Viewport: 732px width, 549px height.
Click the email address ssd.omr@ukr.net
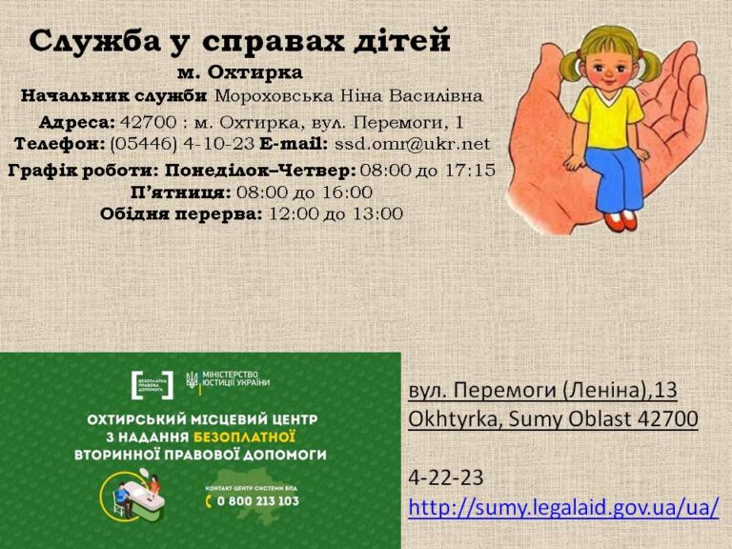[412, 144]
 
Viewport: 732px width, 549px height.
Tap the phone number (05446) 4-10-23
[182, 144]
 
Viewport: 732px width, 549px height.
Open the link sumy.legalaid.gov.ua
[563, 507]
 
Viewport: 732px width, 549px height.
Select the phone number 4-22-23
[446, 478]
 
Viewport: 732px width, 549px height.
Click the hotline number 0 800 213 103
[258, 501]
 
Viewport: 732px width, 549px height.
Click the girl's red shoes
[621, 220]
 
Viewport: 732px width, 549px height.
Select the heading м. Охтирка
[239, 72]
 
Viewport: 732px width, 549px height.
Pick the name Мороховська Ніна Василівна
[348, 96]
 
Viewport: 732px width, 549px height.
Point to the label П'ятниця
[180, 193]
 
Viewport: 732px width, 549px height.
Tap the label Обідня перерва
[181, 214]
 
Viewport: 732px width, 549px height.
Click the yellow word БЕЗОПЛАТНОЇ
[244, 437]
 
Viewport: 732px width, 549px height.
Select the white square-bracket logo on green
[152, 385]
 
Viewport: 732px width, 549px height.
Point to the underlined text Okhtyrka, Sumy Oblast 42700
[553, 418]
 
